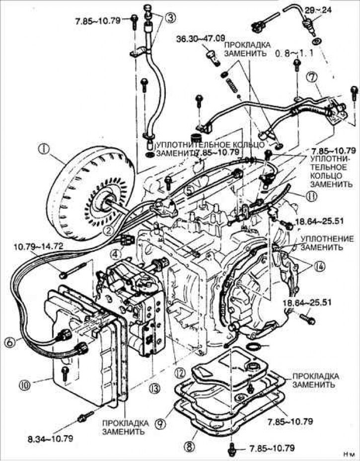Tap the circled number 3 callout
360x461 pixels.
tap(170, 17)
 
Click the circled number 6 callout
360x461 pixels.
tap(10, 342)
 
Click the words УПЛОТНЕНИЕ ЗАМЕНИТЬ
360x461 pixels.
tap(322, 243)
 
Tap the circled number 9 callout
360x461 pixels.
tap(162, 423)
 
